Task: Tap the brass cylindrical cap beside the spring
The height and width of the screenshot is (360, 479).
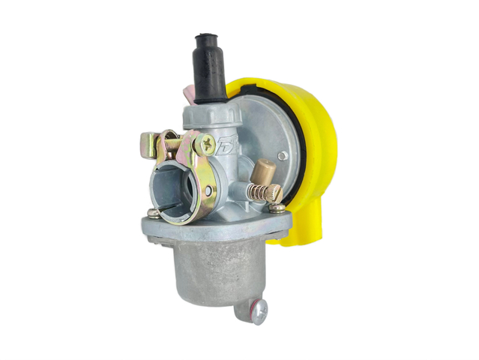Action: [265, 173]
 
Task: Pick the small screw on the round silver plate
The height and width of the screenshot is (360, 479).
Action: [283, 156]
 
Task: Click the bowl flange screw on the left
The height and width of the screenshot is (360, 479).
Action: [153, 213]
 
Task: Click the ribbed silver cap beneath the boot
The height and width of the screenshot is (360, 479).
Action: [211, 115]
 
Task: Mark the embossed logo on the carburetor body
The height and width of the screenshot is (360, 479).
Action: [225, 146]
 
